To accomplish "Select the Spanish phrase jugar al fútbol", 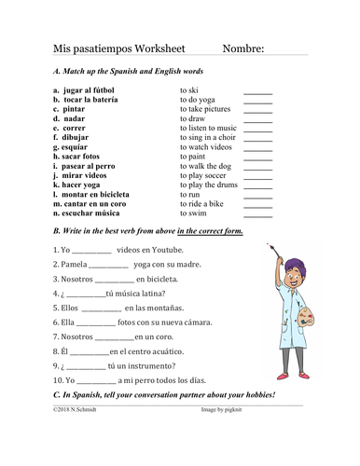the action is click(94, 85).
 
